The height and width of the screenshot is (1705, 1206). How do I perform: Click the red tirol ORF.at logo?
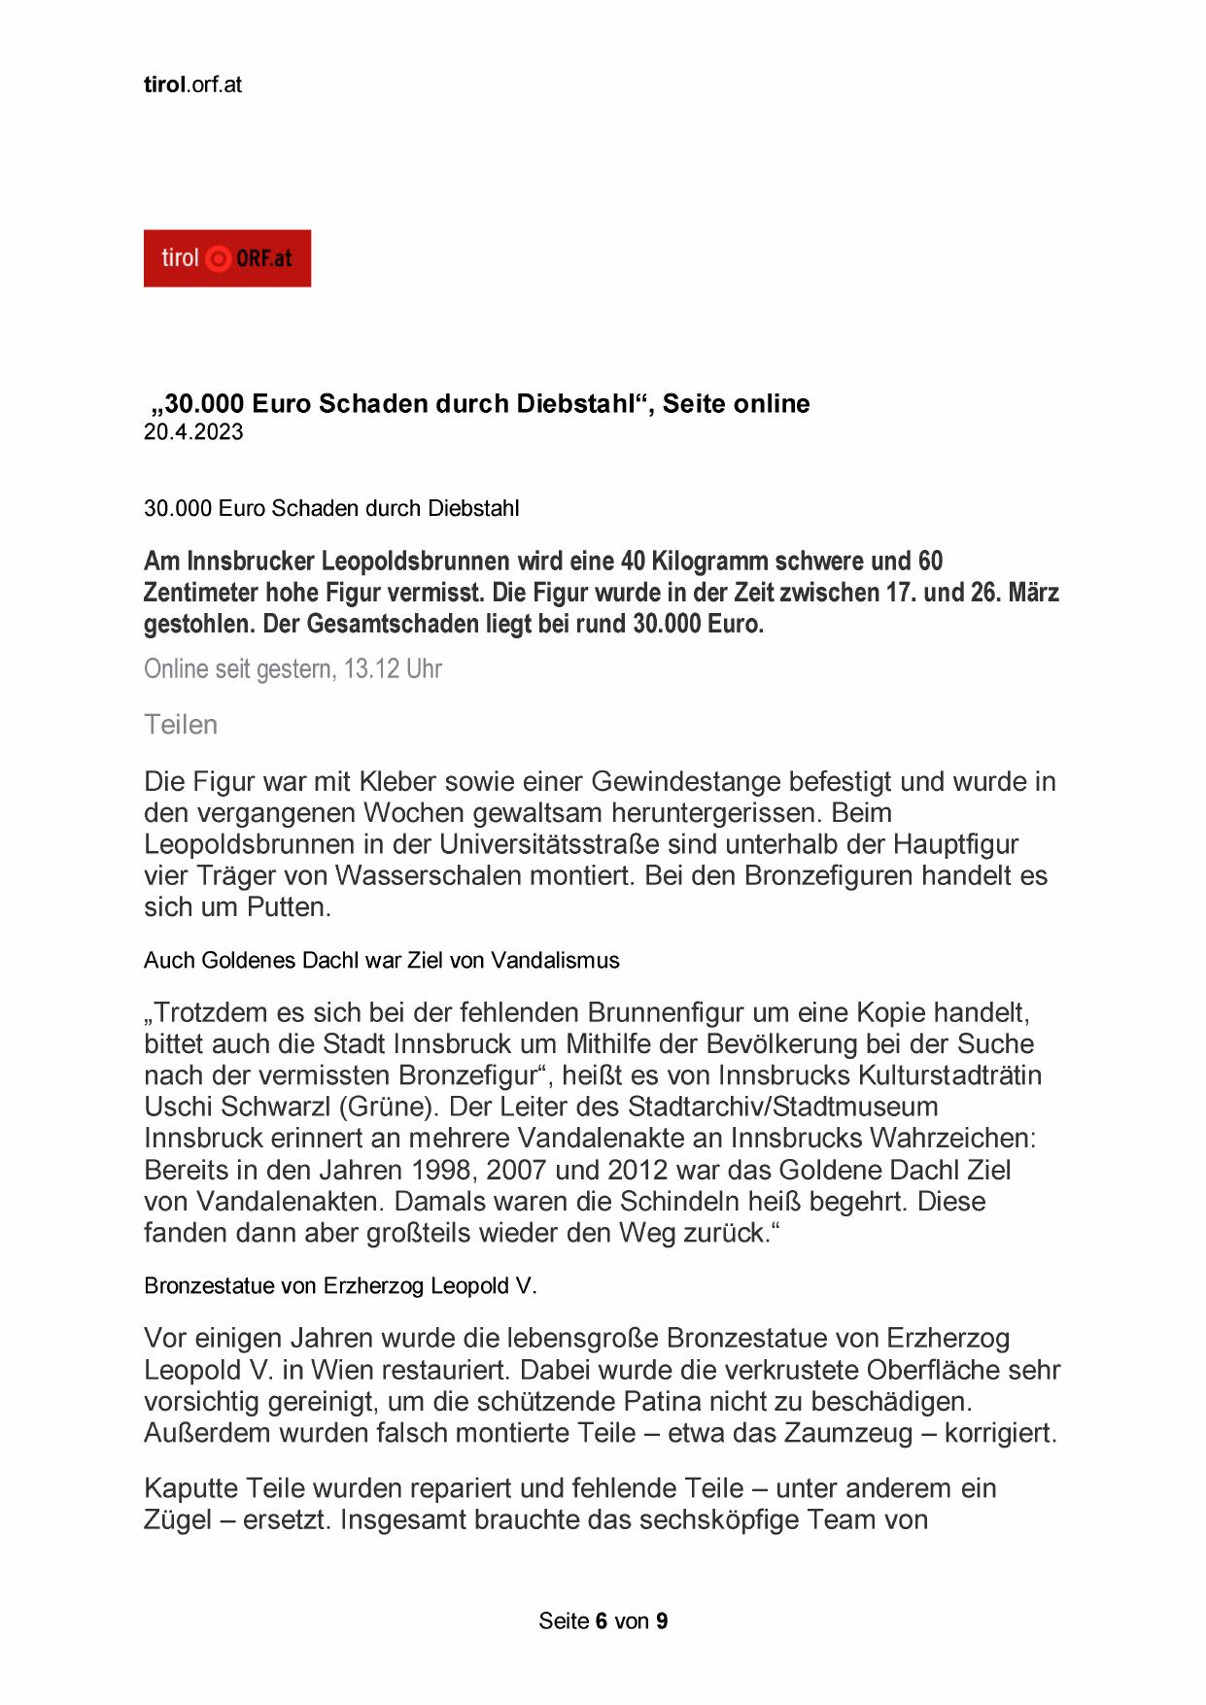point(226,258)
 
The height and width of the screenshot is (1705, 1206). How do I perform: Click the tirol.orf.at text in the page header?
point(192,85)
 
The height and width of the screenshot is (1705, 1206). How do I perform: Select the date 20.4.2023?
point(193,432)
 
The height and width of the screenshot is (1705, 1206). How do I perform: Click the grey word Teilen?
point(181,725)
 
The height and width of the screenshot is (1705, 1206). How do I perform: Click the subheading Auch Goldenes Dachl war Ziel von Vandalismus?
point(381,961)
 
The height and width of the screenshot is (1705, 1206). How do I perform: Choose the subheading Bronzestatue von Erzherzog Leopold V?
point(340,1286)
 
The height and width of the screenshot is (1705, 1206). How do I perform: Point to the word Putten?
point(289,907)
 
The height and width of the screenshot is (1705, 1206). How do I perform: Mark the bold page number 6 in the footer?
point(602,1621)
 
